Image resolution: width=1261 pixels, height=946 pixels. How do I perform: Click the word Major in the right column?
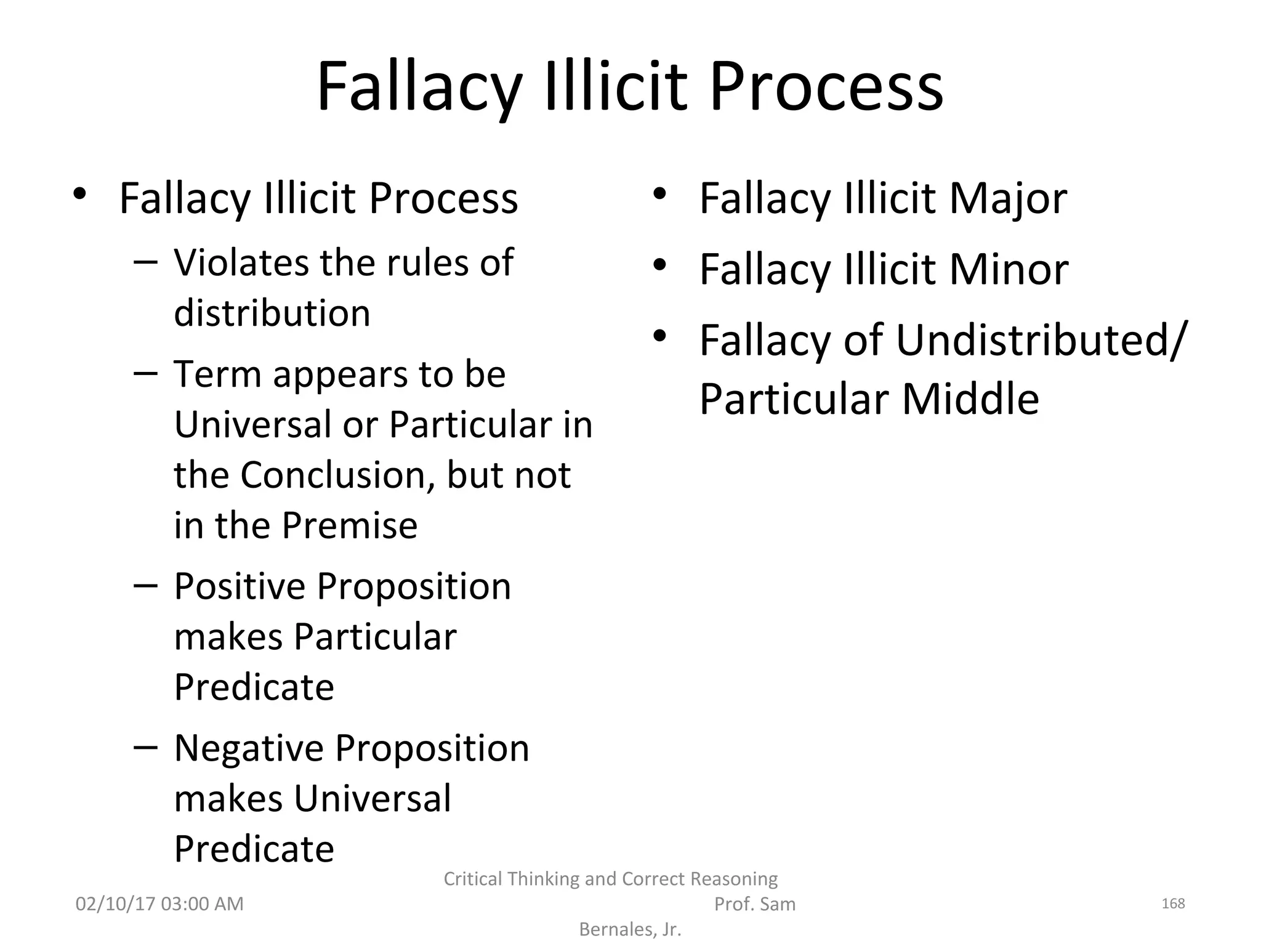[x=1008, y=199]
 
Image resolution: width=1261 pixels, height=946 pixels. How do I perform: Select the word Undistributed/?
[x=1039, y=340]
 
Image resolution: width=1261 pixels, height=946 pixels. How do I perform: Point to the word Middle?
[x=970, y=399]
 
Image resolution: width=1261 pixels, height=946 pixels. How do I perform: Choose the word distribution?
[x=272, y=313]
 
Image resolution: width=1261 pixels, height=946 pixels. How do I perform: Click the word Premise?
[x=350, y=526]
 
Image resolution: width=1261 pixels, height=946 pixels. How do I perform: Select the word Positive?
[x=239, y=586]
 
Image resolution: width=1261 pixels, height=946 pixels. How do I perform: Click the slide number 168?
[x=1173, y=904]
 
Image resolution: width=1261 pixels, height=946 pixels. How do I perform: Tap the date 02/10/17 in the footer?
[x=115, y=904]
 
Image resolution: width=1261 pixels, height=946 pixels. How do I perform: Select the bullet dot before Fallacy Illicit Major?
[x=659, y=194]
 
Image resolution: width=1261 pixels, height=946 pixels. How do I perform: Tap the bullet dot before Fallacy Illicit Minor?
[x=659, y=265]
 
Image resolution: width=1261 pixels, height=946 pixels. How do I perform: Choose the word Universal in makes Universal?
[x=373, y=799]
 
